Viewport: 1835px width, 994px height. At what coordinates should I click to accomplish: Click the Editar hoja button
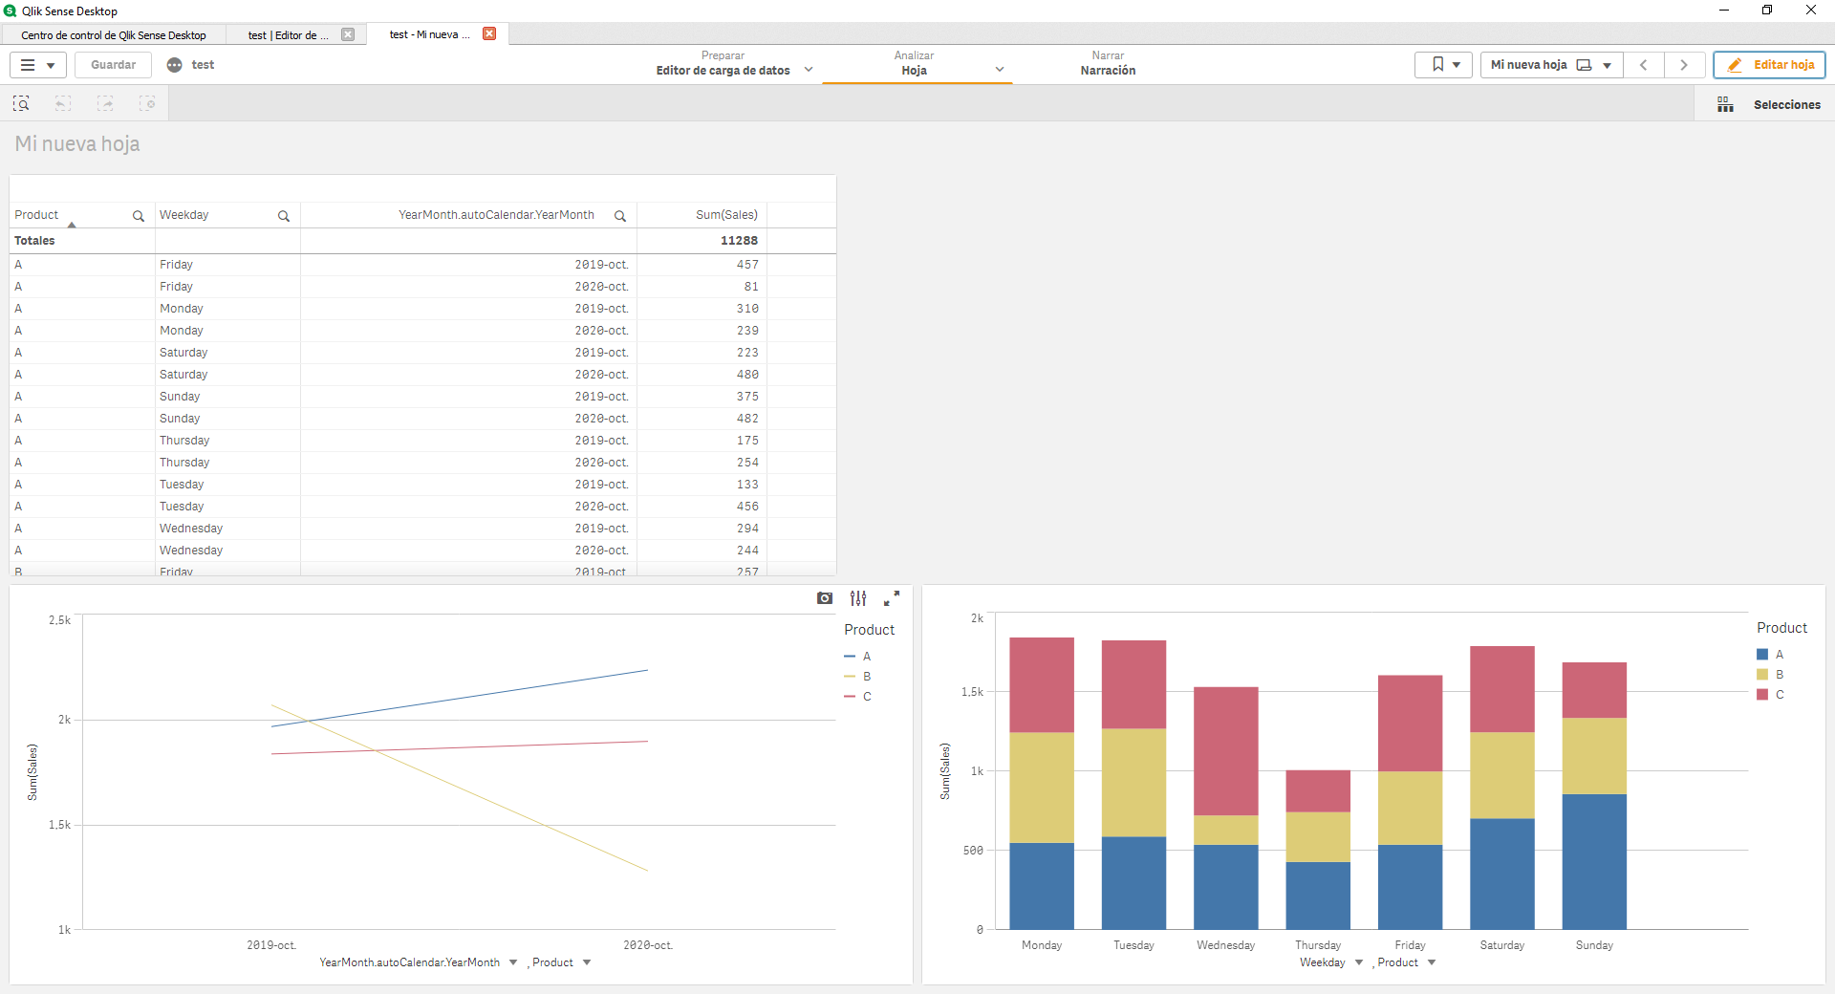1769,65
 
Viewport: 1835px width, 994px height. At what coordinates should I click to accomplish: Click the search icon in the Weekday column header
284,216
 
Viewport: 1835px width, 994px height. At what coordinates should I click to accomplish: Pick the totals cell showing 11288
738,241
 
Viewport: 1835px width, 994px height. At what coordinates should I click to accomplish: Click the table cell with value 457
746,265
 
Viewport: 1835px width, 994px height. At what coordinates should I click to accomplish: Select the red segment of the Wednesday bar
1225,750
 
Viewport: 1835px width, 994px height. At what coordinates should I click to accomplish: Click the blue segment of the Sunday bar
1594,860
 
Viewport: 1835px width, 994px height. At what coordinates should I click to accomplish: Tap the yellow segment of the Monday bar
1041,787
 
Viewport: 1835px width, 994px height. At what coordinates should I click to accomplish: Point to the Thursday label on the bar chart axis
1317,945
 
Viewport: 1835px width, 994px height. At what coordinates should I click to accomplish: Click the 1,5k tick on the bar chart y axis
972,692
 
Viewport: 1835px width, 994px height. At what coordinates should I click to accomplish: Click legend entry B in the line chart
866,677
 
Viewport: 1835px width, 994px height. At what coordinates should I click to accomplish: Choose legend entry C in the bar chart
1779,695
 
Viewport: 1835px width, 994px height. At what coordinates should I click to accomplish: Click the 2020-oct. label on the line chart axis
648,945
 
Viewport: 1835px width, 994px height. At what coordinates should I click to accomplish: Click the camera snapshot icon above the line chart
825,598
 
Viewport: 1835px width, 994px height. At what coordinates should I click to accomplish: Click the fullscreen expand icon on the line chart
891,598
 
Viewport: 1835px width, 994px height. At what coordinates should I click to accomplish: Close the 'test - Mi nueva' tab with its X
489,34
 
